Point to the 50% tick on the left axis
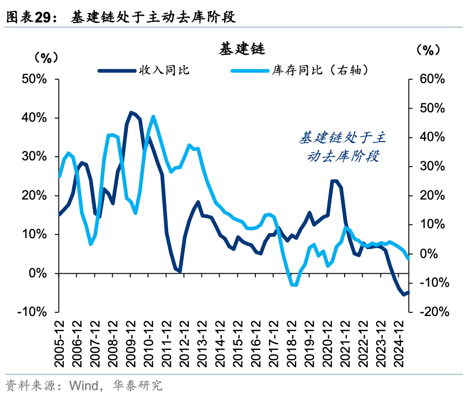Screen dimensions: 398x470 pyautogui.click(x=35, y=79)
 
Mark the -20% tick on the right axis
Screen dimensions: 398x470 pyautogui.click(x=430, y=312)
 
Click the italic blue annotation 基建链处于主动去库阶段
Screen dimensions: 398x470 pyautogui.click(x=342, y=147)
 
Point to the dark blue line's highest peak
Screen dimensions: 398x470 pyautogui.click(x=131, y=112)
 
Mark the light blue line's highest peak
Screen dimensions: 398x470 pyautogui.click(x=153, y=116)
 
